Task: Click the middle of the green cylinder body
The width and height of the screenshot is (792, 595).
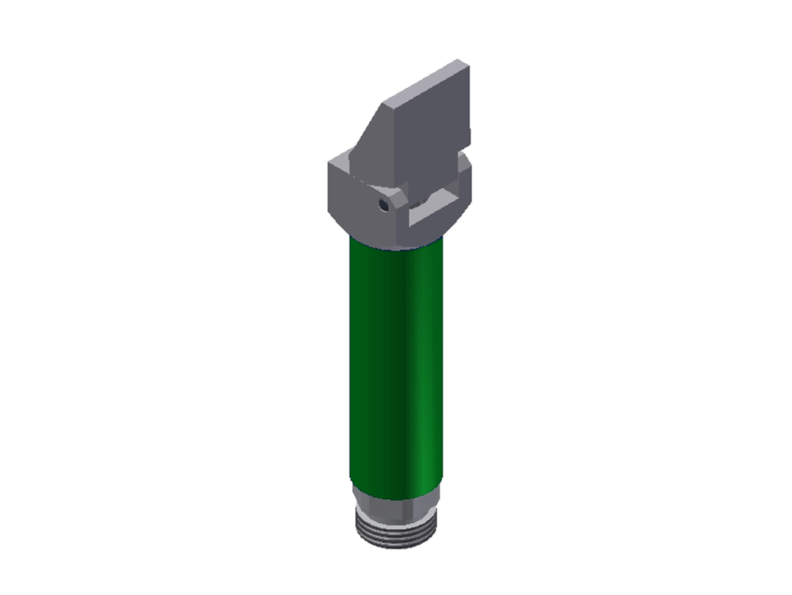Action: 396,365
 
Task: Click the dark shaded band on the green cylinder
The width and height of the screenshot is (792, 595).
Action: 384,365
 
